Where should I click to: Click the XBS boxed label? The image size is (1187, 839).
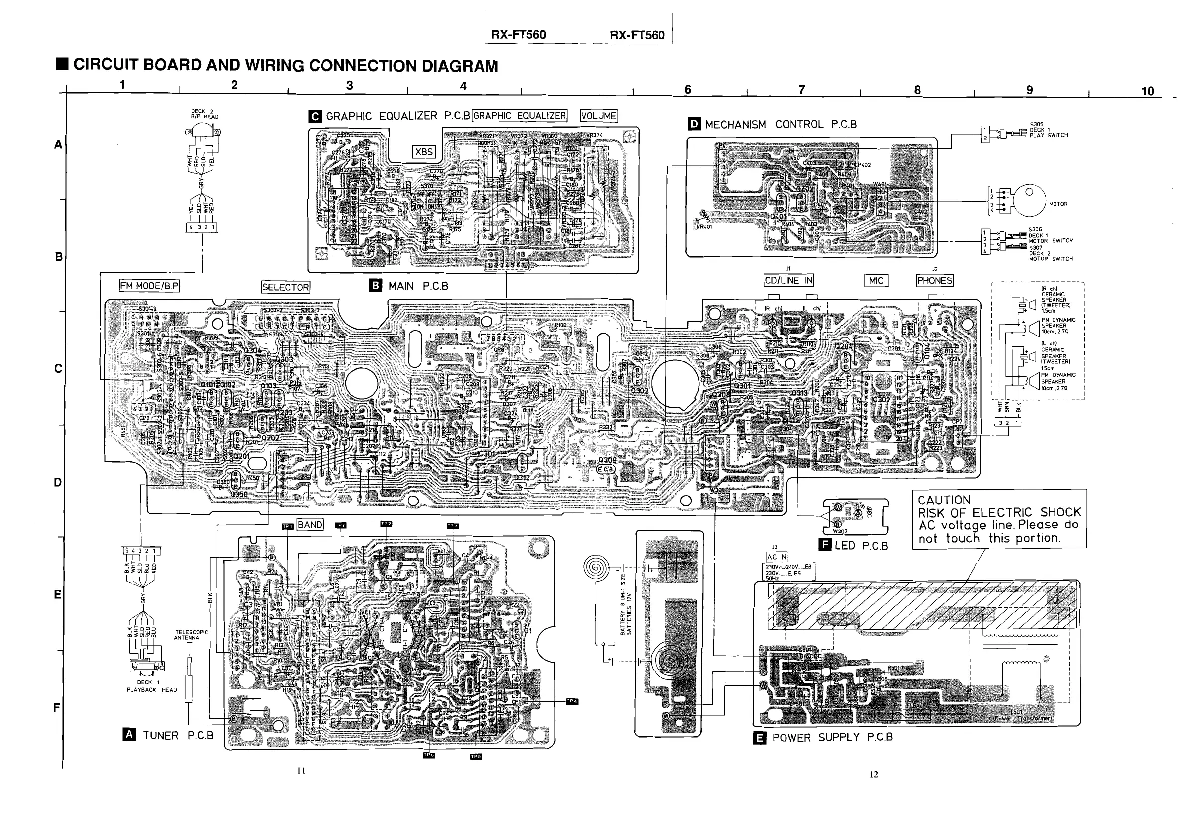424,152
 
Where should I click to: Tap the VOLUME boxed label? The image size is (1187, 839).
599,116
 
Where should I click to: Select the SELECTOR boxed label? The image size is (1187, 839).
285,287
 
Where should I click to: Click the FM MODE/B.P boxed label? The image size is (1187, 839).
149,286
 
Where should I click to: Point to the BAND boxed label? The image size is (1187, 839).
310,525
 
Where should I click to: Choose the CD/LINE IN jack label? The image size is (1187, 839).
789,280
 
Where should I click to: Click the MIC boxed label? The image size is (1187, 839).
876,280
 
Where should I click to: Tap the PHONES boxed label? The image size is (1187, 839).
935,280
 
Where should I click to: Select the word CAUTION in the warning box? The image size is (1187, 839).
944,500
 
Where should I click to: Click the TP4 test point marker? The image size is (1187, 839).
572,701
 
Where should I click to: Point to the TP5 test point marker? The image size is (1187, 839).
476,757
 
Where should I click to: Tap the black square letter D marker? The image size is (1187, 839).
694,124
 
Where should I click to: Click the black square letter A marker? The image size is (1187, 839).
129,735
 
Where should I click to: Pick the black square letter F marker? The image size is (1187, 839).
825,545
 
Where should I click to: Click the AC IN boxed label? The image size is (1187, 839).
776,557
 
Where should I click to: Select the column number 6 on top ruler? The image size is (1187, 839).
687,90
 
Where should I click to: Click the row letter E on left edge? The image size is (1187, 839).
57,594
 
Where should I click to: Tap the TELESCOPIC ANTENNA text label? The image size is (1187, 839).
191,635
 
